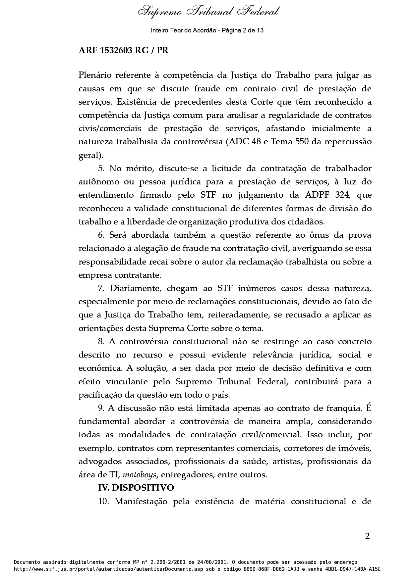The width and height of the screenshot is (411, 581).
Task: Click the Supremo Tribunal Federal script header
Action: click(208, 12)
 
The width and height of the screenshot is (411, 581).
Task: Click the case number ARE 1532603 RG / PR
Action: click(123, 51)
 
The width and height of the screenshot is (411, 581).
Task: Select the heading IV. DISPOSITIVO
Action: click(136, 488)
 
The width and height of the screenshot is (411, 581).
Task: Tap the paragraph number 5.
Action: click(101, 169)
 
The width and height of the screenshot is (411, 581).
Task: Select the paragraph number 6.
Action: click(101, 235)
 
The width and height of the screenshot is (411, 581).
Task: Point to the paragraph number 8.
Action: click(101, 342)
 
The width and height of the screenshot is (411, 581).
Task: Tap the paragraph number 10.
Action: click(104, 502)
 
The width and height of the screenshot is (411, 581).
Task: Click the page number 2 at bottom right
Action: click(367, 536)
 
